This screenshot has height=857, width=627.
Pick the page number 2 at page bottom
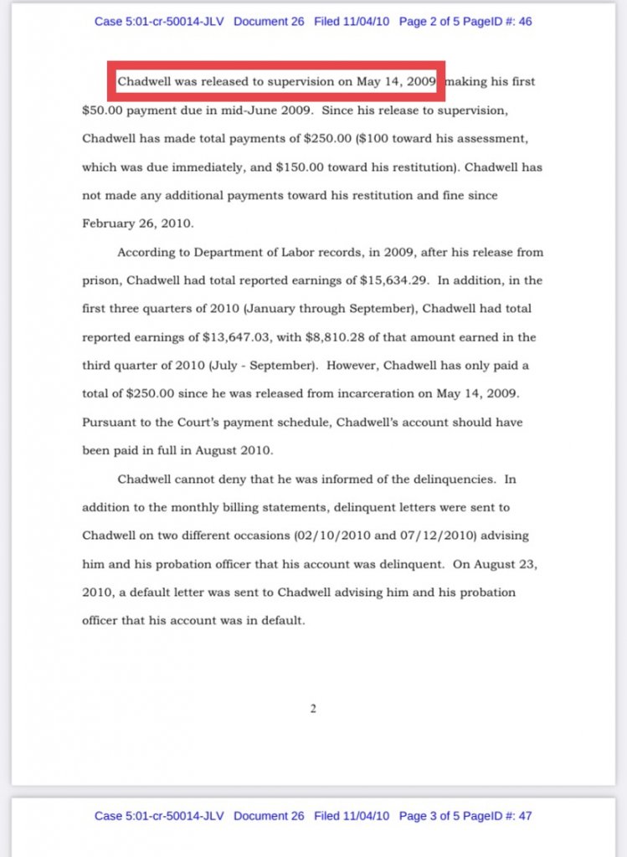coord(313,710)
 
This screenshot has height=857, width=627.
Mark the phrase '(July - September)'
coord(248,366)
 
